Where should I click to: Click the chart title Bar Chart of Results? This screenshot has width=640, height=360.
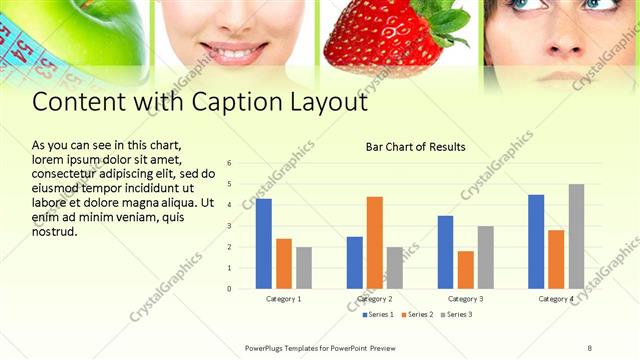[415, 147]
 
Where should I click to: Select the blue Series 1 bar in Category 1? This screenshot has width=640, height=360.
[263, 243]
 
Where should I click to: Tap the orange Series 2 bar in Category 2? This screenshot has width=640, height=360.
[375, 242]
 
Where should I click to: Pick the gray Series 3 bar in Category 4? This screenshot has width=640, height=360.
[577, 236]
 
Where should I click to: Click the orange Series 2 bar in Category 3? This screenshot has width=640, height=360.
[465, 269]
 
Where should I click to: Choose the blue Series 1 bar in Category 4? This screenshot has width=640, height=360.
[536, 241]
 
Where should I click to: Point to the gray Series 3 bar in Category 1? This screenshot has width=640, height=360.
[304, 267]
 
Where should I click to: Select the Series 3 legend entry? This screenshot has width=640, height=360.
[456, 315]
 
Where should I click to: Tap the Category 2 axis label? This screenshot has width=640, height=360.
[375, 299]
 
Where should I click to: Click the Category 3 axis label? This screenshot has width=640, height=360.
[465, 299]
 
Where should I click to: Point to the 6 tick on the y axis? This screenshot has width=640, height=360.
[230, 163]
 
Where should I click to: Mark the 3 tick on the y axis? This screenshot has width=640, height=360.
[230, 226]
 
